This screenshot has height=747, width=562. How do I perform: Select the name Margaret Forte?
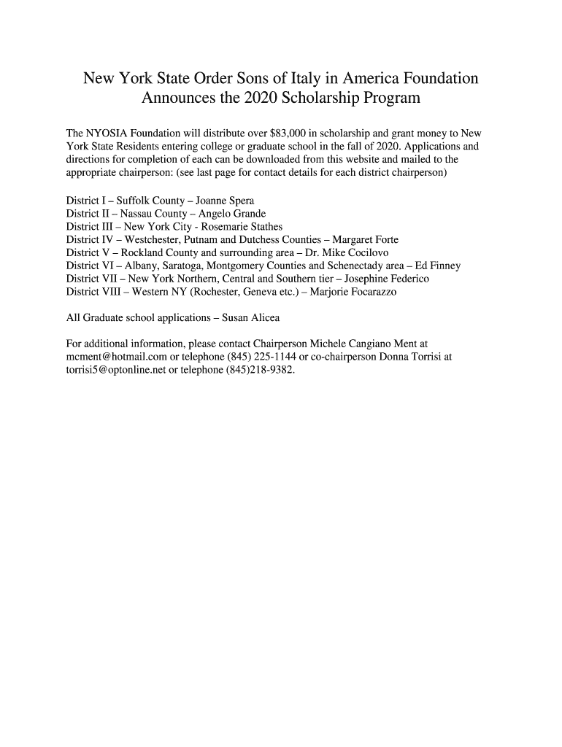(x=365, y=240)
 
